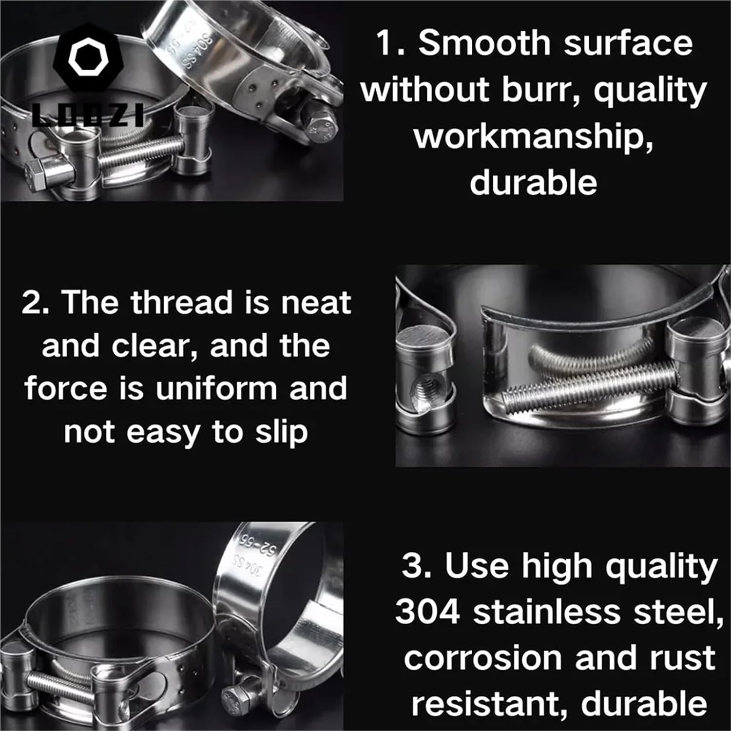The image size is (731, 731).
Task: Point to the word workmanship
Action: pos(534,137)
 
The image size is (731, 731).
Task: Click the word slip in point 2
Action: pos(282,432)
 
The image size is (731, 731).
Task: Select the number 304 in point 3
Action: pos(427,612)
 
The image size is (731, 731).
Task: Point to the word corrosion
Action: pos(483,658)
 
